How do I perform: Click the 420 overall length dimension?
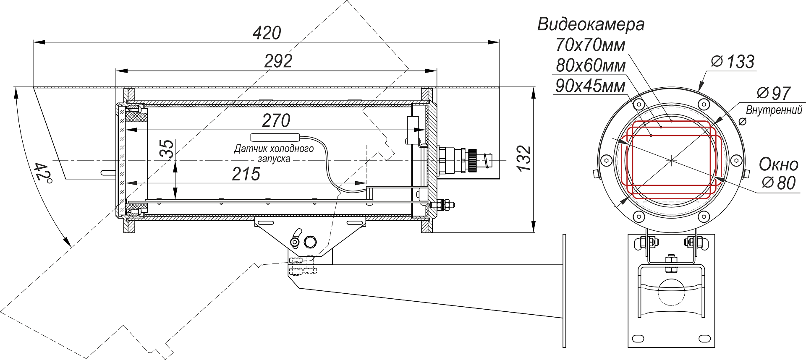[x=267, y=33]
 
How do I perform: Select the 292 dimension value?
[x=278, y=61]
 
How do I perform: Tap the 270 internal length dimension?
[x=276, y=121]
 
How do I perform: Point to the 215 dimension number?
[x=246, y=174]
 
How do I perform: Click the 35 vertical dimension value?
[x=167, y=149]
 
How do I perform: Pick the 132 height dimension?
[x=524, y=158]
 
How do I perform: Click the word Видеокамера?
[x=591, y=24]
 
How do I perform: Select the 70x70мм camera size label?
[x=590, y=45]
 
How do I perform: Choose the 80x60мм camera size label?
[x=591, y=65]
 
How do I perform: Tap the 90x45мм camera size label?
[x=590, y=86]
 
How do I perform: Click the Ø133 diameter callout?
[x=733, y=62]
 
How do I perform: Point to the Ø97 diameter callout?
[x=774, y=93]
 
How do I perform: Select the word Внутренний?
[x=774, y=110]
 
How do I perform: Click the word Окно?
[x=778, y=164]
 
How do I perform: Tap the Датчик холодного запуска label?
[x=274, y=154]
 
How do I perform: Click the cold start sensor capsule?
[x=275, y=137]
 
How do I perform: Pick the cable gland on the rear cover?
[x=462, y=159]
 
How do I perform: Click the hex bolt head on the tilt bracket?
[x=310, y=242]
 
